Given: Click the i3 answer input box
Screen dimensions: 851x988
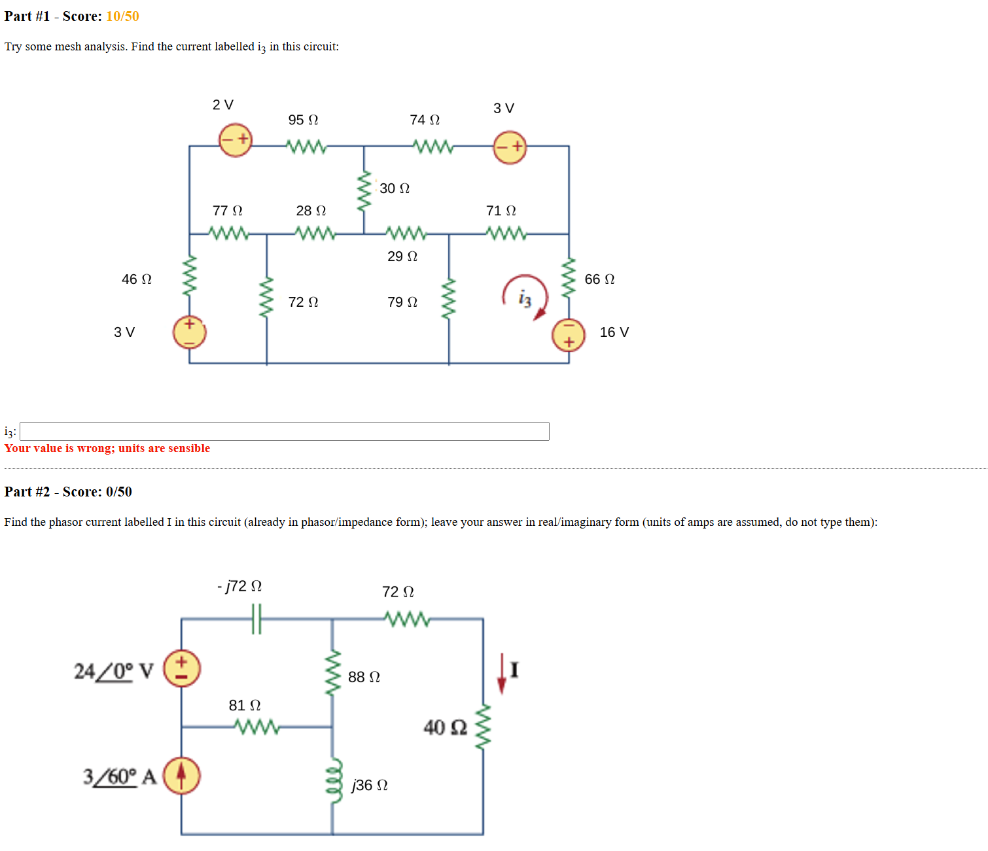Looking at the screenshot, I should pos(284,431).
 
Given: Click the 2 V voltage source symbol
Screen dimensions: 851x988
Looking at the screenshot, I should pos(236,140).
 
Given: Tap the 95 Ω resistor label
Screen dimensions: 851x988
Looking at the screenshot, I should pos(303,120).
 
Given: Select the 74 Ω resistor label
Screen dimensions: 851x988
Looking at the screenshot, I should pos(425,120).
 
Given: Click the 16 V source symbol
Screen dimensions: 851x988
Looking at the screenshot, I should pos(568,334).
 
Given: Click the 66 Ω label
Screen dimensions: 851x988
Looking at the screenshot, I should pos(599,279).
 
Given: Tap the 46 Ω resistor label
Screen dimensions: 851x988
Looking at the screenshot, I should pos(136,279).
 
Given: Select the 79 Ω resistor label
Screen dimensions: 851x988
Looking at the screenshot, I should pos(402,302).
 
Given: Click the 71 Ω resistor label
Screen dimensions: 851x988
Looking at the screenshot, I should pos(501,211).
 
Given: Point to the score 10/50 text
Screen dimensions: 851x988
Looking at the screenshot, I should pos(122,16).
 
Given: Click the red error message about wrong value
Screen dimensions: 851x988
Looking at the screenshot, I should pos(107,448).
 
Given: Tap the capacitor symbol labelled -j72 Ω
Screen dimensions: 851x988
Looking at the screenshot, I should pos(256,618).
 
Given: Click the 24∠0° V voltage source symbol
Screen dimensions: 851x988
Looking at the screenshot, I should pos(181,669).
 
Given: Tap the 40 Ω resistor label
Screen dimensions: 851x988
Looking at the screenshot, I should pos(445,727).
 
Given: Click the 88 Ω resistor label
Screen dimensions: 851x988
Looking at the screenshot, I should pos(364,677).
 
